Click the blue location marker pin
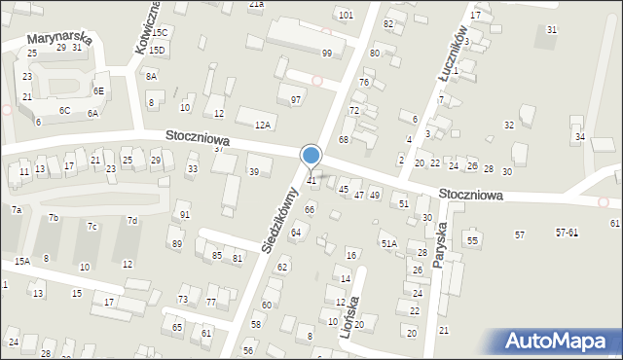[x=311, y=156]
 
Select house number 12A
[x=262, y=125]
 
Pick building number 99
[x=327, y=53]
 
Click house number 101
[x=346, y=16]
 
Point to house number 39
[x=254, y=172]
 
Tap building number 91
[x=185, y=214]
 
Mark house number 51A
[x=389, y=243]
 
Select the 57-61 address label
[x=568, y=234]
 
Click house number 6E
[x=98, y=90]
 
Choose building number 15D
[x=157, y=50]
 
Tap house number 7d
[x=132, y=221]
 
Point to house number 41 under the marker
[x=312, y=180]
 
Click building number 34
[x=580, y=136]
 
